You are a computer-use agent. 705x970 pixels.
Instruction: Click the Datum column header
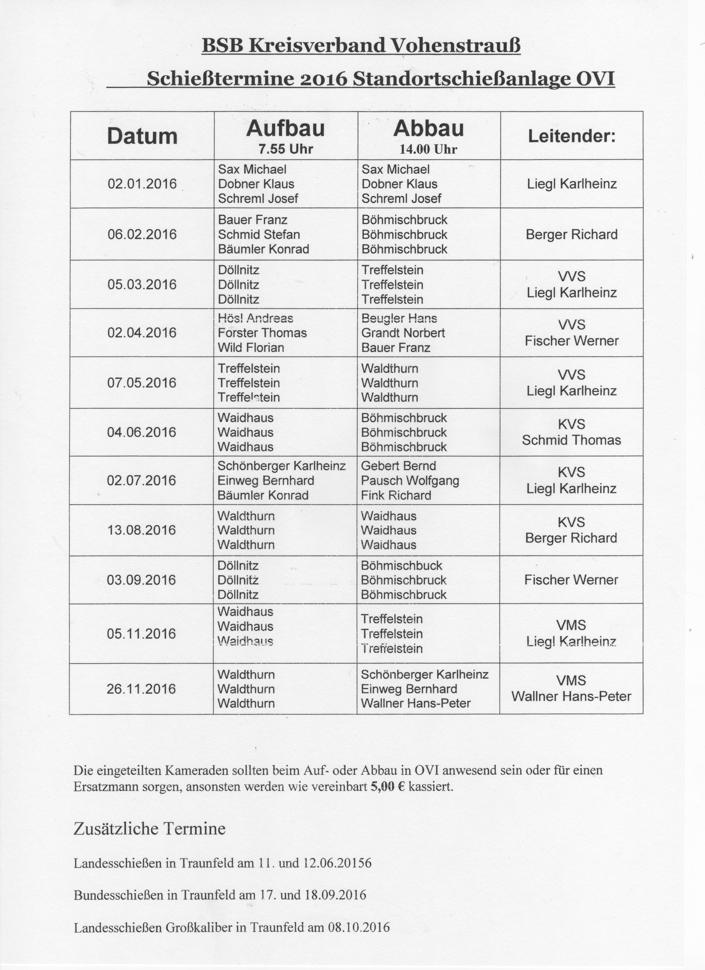142,136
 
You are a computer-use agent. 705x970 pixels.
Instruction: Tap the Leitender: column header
572,136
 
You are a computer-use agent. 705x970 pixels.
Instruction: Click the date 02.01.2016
142,184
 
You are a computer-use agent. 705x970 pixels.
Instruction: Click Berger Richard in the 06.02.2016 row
572,234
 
